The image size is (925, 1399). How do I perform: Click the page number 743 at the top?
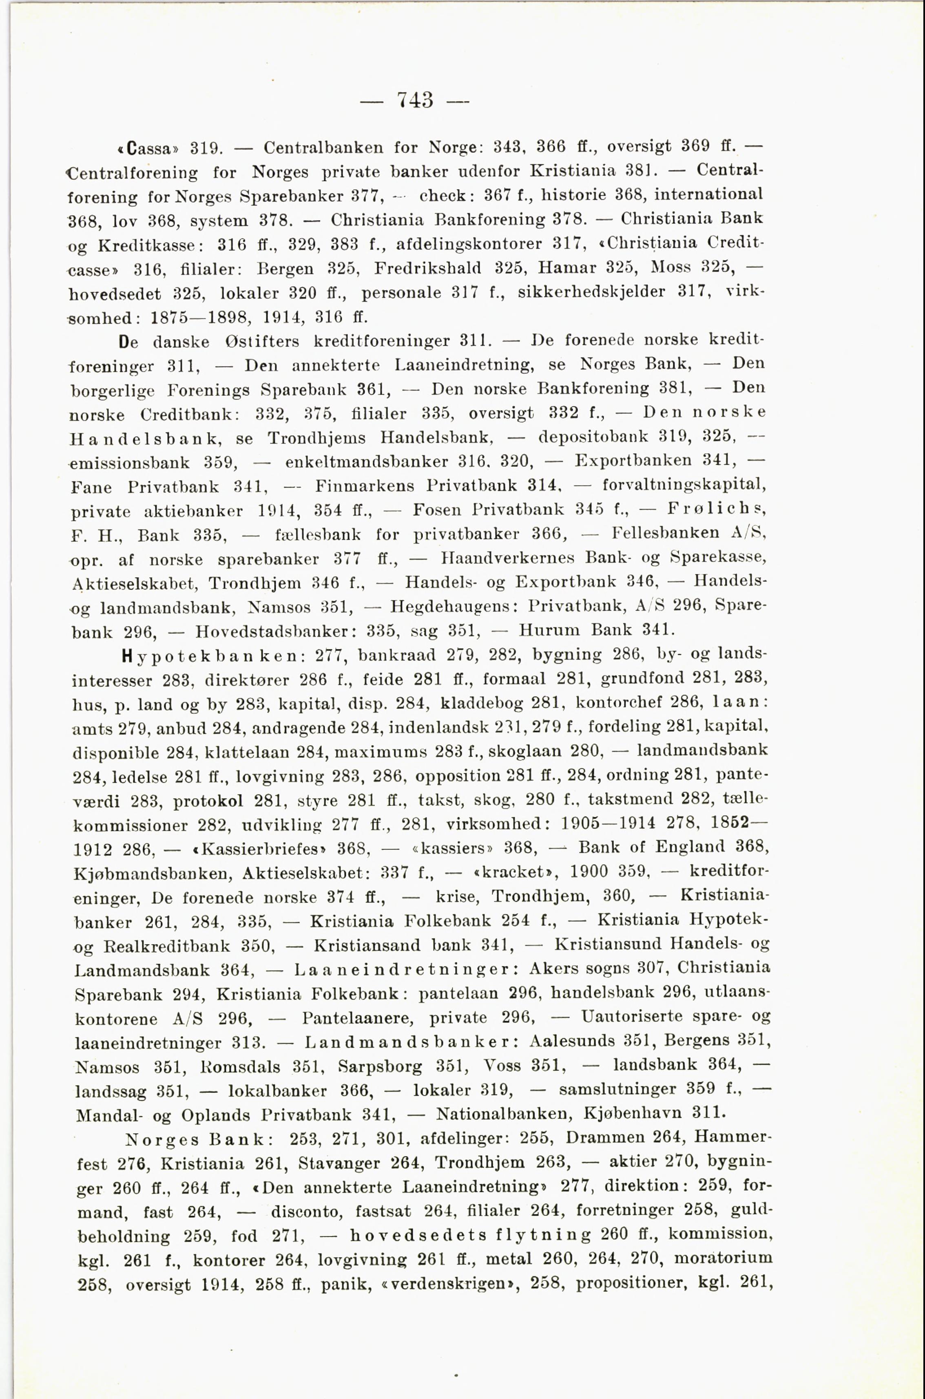tap(415, 99)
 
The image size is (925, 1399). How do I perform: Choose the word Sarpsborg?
tap(380, 1066)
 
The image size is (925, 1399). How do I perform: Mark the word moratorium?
tap(723, 1258)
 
